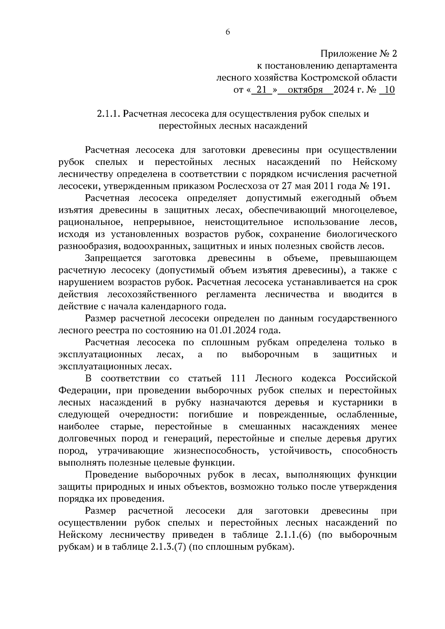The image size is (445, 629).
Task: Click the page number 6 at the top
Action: coord(228,32)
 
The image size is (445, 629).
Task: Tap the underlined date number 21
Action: coord(262,90)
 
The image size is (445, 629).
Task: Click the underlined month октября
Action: coord(305,90)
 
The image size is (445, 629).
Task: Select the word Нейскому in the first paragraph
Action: coord(375,162)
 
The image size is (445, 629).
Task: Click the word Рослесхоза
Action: coord(241,186)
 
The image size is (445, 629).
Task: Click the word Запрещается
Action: coord(113,258)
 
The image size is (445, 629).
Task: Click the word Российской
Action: coord(371,378)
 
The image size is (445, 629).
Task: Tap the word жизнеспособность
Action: coord(216,451)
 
